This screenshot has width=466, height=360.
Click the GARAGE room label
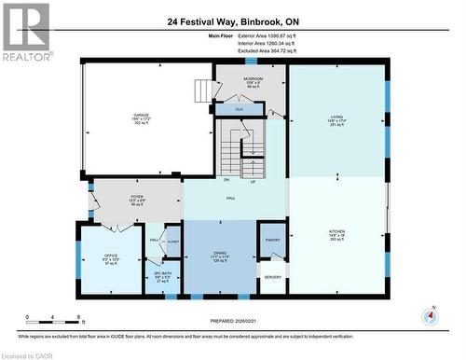(140, 116)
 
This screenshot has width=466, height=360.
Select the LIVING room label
(336, 117)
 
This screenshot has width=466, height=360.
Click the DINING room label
(220, 253)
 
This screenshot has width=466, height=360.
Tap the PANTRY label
(272, 240)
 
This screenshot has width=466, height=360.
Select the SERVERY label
(272, 277)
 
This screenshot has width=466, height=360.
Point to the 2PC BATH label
(162, 273)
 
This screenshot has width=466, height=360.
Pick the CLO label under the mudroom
(240, 109)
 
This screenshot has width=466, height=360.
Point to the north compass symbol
(430, 316)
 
